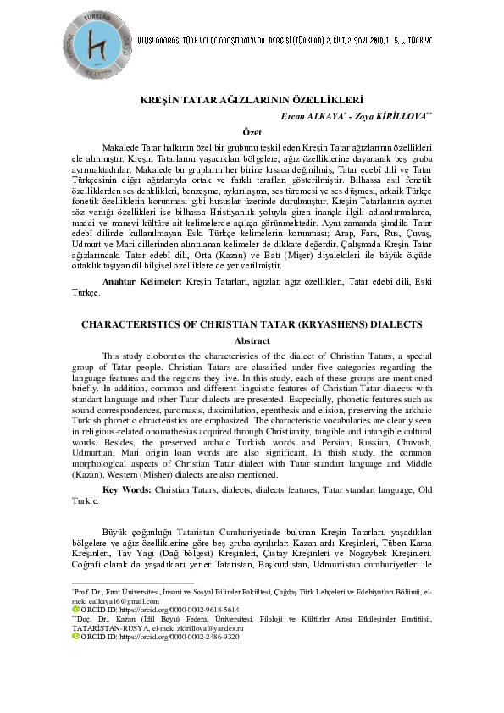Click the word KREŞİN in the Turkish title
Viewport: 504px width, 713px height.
pos(158,99)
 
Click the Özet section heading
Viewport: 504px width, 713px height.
pos(252,132)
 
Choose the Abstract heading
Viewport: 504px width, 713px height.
pos(252,340)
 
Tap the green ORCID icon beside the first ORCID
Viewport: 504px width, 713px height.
pos(75,609)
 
